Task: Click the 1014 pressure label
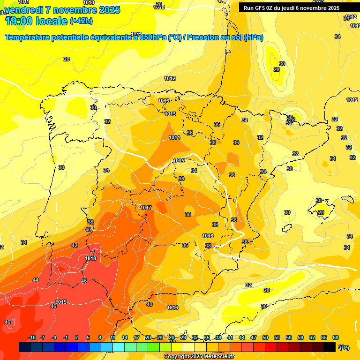174,137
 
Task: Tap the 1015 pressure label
179,161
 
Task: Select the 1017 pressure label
146,208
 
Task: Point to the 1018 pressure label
90,258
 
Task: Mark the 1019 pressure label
61,302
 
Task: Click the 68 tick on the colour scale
336,337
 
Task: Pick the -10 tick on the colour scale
32,337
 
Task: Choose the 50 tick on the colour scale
265,337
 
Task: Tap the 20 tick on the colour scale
148,337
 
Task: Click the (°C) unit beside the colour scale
344,347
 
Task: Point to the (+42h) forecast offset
81,21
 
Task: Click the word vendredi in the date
24,10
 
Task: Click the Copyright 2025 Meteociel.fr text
199,356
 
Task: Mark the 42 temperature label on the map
75,245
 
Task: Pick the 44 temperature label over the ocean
36,280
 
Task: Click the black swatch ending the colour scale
330,347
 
